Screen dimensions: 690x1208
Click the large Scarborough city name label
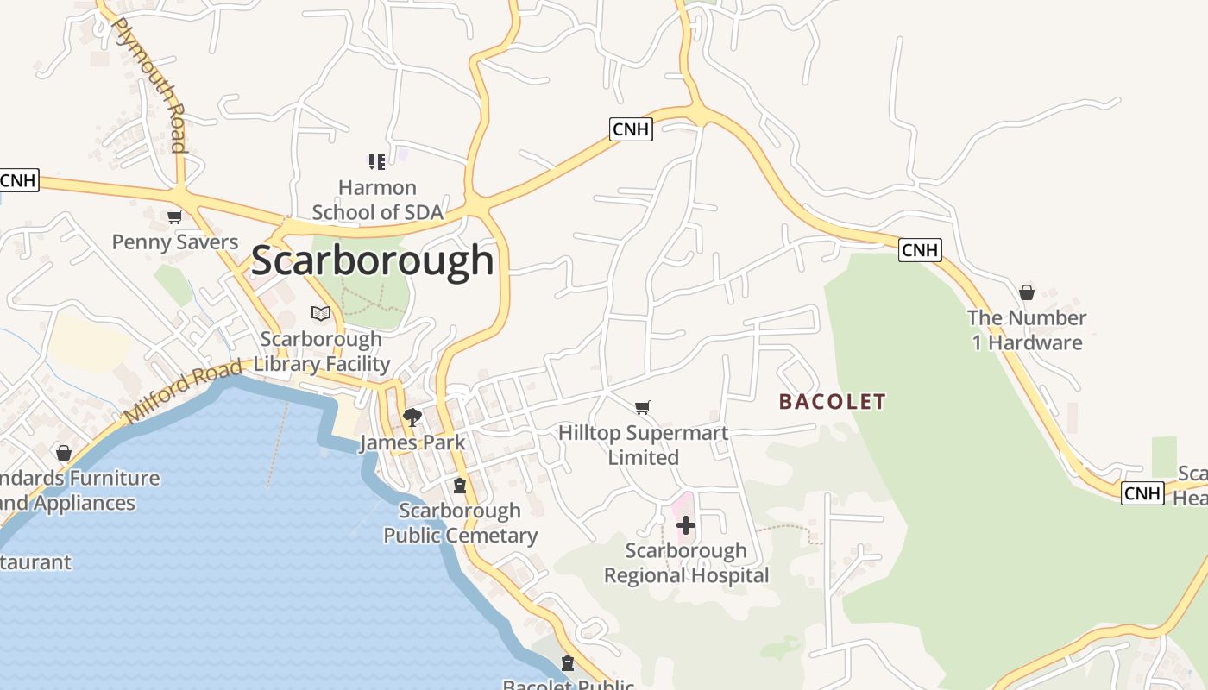click(x=373, y=260)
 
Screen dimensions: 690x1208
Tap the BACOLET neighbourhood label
click(x=832, y=401)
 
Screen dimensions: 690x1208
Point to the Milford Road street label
click(x=183, y=392)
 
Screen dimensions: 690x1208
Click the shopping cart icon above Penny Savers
click(x=175, y=216)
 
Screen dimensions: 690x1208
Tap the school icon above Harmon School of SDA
click(x=376, y=161)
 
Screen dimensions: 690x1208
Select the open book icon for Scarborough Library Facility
click(x=321, y=313)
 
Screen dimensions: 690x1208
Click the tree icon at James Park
click(x=412, y=417)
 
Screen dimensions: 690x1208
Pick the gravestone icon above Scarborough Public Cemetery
click(x=460, y=486)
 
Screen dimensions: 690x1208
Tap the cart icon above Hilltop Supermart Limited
click(x=642, y=407)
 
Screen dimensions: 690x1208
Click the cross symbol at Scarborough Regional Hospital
click(x=686, y=524)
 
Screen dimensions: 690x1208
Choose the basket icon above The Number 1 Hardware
click(x=1027, y=292)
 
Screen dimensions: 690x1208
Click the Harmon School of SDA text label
click(x=377, y=200)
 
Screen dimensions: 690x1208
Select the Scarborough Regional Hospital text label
click(x=686, y=562)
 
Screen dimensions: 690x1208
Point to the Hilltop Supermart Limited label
click(x=643, y=445)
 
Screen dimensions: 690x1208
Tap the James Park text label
click(x=412, y=442)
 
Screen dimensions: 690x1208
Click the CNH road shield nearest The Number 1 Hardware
click(x=920, y=250)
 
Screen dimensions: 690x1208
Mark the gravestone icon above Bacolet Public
click(x=567, y=663)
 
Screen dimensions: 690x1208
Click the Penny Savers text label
click(x=175, y=241)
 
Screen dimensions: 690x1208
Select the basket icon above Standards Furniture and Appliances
click(x=63, y=452)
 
